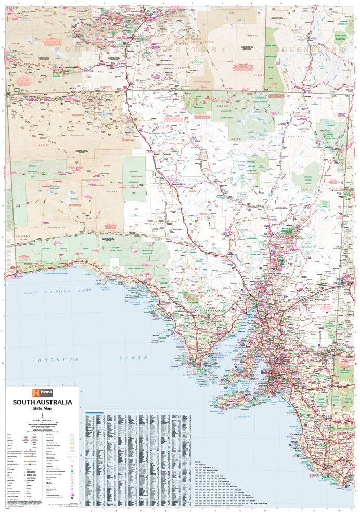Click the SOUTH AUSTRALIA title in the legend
(43, 402)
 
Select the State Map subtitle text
(43, 408)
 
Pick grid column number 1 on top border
(18, 3)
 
